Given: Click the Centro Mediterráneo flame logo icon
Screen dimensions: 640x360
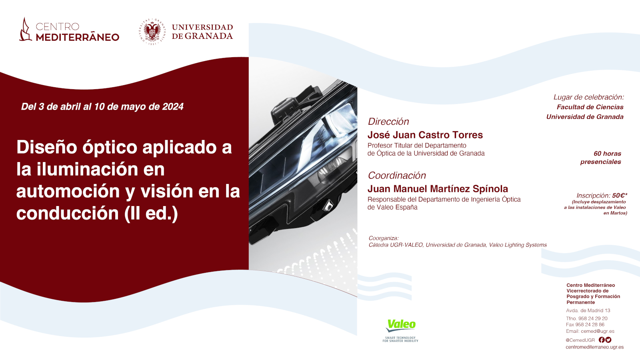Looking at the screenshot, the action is pos(25,30).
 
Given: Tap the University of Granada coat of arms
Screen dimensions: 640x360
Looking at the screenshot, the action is pos(152,32).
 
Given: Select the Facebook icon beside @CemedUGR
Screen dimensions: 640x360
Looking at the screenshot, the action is pos(602,340).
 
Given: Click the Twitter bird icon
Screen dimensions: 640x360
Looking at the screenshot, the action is pos(608,340).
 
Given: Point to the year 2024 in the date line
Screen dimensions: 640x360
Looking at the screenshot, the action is pos(172,106).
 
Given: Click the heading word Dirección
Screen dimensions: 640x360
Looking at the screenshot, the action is pos(388,122).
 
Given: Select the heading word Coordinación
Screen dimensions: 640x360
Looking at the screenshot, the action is pos(397,176).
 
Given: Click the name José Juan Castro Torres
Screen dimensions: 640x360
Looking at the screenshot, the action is pos(425,134).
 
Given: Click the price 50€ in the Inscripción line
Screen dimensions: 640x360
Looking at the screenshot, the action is pos(619,196).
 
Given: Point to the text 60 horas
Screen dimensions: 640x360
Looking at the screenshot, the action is pos(608,154).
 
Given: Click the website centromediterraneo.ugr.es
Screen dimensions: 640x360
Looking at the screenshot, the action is pos(594,347).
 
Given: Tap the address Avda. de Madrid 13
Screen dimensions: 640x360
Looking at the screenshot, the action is pos(588,310).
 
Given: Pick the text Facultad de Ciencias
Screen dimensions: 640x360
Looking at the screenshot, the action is pos(590,107).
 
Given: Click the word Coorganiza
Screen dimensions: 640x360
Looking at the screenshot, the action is pos(384,238).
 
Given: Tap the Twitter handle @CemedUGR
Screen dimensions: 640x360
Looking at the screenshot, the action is pos(580,340).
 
